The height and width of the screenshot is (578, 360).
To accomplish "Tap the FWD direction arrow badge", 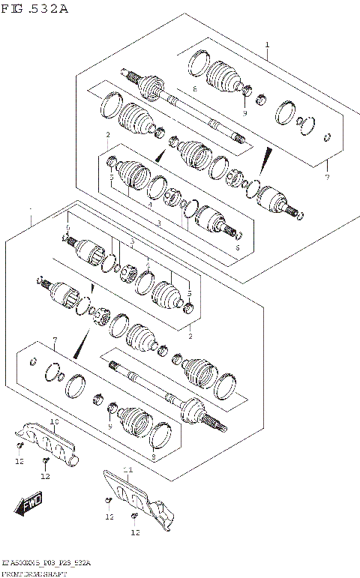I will click(31, 505).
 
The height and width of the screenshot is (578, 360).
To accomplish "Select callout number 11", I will click(127, 469).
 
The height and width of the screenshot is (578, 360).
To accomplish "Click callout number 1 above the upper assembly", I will click(266, 46).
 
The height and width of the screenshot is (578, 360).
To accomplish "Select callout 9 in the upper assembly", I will click(244, 112).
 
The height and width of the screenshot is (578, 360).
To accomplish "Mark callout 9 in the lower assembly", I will click(109, 427).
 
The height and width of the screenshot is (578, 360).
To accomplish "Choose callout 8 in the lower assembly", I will click(153, 456).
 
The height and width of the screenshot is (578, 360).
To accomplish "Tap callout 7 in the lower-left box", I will click(55, 342).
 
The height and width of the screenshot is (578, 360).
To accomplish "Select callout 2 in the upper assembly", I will click(108, 135).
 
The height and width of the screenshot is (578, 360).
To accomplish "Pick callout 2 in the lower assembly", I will click(190, 337).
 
